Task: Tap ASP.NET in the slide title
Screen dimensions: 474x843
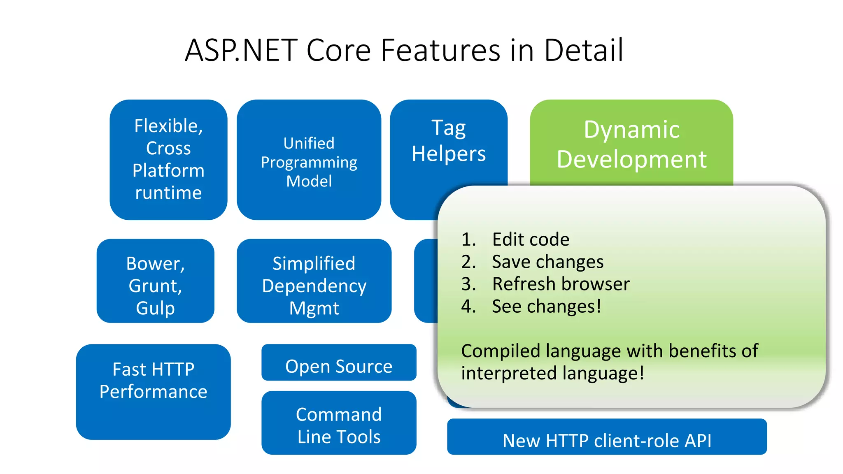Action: click(241, 50)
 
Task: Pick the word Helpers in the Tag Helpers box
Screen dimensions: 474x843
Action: click(449, 154)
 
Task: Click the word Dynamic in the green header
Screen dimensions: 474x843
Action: click(631, 130)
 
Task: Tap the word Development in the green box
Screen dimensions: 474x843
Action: click(631, 159)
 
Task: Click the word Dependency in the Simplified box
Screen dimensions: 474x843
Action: click(314, 286)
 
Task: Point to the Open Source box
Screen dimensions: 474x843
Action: click(339, 366)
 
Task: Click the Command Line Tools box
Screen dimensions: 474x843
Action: click(339, 425)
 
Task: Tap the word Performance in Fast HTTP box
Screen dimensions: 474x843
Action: click(153, 392)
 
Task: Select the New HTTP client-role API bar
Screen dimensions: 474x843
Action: click(607, 440)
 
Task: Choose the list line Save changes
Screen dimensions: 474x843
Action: click(547, 262)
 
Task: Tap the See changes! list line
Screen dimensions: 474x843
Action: click(546, 307)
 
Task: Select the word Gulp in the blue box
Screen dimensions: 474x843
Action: click(155, 308)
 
